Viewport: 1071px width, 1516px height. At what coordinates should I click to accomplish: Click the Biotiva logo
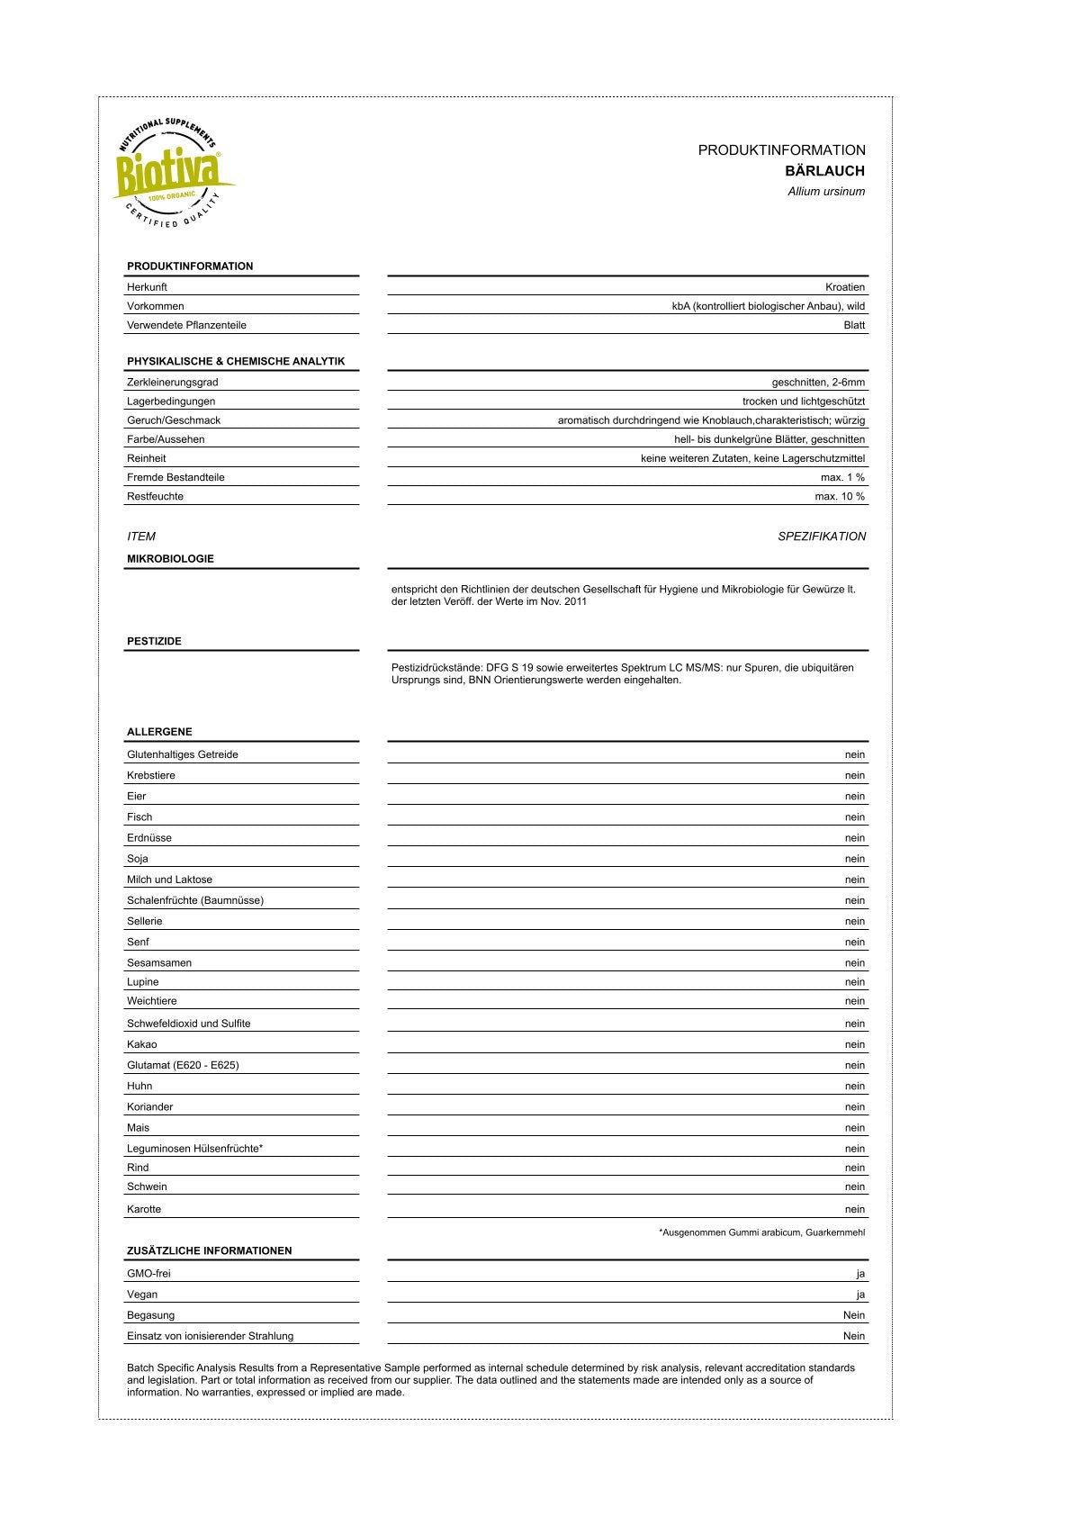tap(171, 172)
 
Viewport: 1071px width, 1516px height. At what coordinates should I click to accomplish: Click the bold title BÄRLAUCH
tap(824, 171)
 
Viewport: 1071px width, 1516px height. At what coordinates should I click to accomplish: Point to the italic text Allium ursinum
tap(826, 192)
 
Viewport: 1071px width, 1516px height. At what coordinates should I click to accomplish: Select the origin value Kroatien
tap(845, 287)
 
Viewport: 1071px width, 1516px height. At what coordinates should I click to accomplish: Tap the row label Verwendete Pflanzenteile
tap(186, 325)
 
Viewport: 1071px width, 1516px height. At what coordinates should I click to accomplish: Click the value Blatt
tap(854, 325)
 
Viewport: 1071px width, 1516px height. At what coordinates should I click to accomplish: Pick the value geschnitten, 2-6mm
tap(818, 383)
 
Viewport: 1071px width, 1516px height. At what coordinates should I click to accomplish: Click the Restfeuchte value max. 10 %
tap(840, 497)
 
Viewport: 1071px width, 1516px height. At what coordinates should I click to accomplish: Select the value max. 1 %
tap(842, 478)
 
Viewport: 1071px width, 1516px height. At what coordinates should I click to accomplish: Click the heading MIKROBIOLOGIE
tap(170, 559)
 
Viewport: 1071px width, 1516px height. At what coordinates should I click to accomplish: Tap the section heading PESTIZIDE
tap(154, 642)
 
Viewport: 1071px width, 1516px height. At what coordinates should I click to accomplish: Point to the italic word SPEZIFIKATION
tap(822, 537)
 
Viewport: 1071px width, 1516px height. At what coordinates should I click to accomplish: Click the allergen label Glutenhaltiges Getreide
tap(183, 755)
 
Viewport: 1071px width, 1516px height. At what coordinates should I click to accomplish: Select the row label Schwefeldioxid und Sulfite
tap(189, 1024)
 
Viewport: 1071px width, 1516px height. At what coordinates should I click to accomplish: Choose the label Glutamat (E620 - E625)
tap(183, 1066)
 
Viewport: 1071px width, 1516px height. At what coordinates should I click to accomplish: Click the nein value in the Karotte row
tap(854, 1210)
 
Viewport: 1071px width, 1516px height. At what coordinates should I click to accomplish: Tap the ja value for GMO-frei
tap(860, 1274)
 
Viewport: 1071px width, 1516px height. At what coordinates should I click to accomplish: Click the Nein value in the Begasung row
tap(853, 1316)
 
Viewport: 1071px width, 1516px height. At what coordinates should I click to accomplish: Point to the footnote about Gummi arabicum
tap(761, 1232)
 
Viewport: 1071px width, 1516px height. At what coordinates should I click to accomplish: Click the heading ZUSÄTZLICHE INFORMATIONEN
tap(209, 1251)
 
